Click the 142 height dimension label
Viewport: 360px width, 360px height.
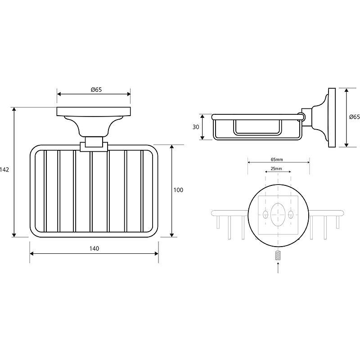click(x=4, y=170)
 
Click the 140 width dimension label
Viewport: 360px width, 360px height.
click(x=94, y=248)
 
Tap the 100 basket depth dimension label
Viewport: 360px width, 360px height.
click(x=178, y=190)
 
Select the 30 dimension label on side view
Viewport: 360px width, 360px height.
click(x=196, y=127)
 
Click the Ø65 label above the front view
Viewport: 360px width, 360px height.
click(x=96, y=90)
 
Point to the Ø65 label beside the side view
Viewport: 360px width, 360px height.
click(x=355, y=117)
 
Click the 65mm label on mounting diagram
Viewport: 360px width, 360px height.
click(x=277, y=159)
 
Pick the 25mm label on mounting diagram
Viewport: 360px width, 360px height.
click(x=276, y=168)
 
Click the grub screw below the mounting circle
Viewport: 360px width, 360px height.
click(x=278, y=256)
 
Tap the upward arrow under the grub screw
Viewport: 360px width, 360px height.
click(x=278, y=267)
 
